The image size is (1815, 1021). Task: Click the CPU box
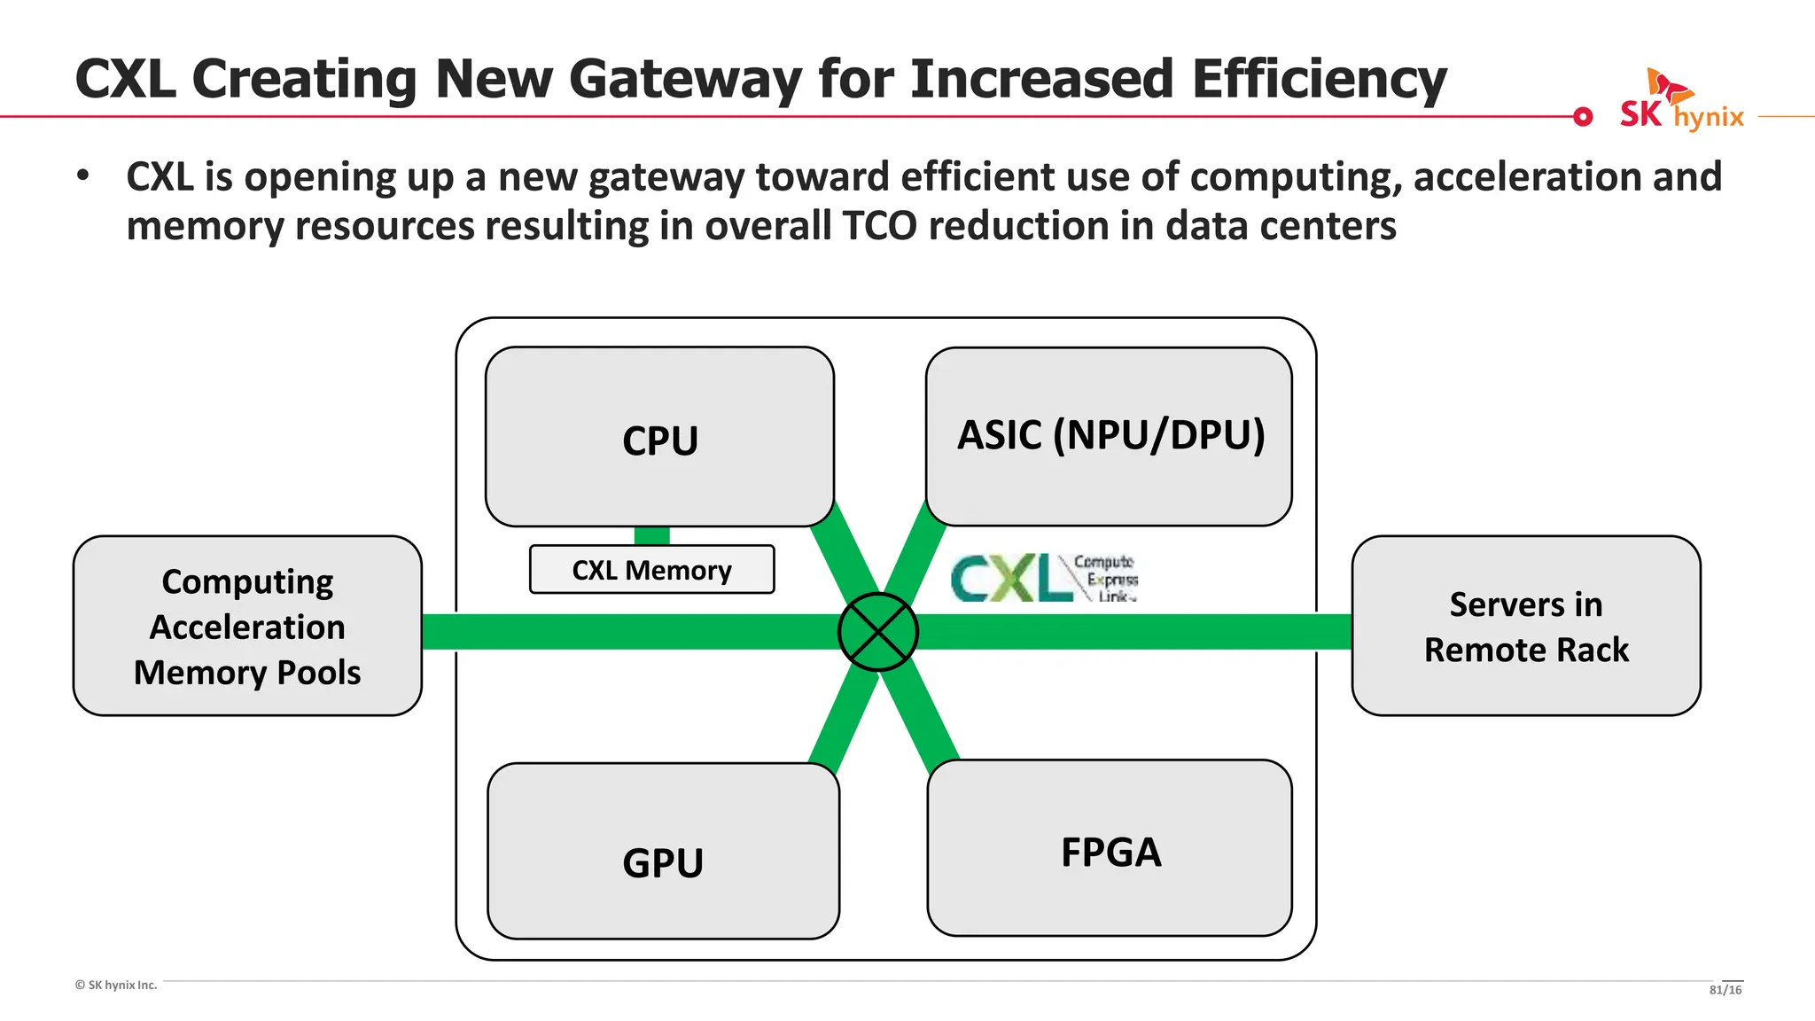tap(659, 438)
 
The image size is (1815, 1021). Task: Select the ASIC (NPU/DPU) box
tap(1109, 436)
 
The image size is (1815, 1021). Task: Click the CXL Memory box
tap(651, 570)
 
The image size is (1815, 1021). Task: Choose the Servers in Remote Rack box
tap(1525, 626)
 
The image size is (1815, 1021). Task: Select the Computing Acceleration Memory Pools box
tap(247, 626)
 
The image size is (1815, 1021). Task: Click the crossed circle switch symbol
tap(877, 632)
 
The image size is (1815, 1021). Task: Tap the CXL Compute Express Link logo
tap(1043, 578)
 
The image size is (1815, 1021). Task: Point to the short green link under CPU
tap(651, 535)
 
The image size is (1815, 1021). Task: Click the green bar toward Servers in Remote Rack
tap(1134, 632)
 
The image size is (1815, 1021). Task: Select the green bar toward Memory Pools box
tap(629, 632)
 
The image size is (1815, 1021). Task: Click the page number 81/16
tap(1725, 990)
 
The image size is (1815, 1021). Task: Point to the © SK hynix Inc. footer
tap(116, 985)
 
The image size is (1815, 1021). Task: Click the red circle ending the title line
tap(1583, 116)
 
